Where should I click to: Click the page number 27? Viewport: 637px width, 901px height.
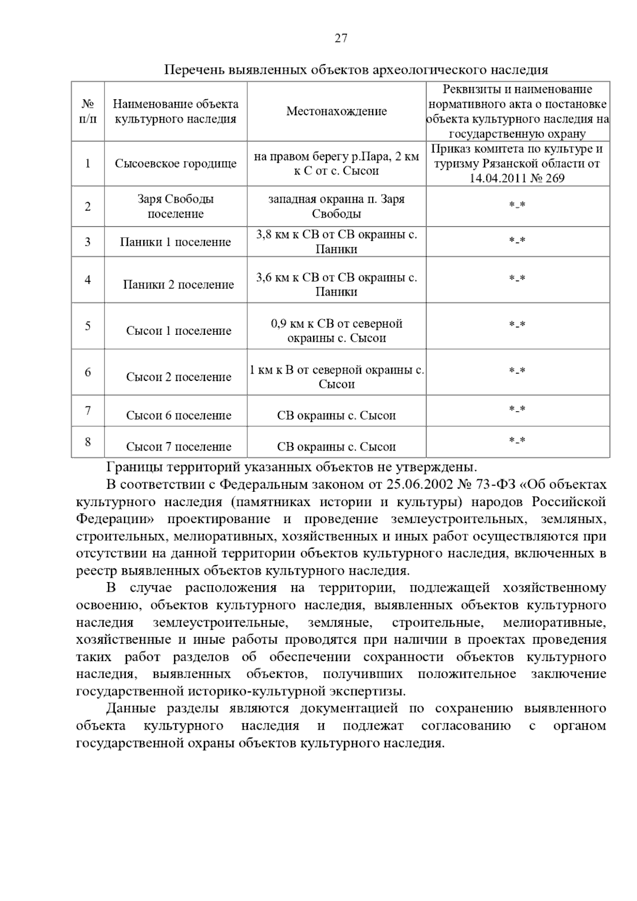341,38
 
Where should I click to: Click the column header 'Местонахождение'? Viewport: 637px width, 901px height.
337,111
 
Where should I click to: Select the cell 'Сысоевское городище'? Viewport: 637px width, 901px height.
176,163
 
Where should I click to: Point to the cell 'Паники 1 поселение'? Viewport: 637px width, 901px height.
176,242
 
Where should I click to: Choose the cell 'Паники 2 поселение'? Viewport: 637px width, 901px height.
178,285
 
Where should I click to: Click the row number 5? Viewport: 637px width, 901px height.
88,326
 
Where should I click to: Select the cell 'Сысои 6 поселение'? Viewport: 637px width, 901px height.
178,415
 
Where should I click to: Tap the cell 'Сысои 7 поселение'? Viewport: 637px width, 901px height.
178,447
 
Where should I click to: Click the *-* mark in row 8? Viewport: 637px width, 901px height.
517,440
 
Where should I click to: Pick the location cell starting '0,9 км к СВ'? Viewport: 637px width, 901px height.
337,331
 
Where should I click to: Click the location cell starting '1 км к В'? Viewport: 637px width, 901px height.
337,377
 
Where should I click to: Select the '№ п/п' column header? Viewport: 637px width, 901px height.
88,111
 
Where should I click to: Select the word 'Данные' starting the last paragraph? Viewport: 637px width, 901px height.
131,709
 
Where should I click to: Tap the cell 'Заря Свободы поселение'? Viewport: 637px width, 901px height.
176,207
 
